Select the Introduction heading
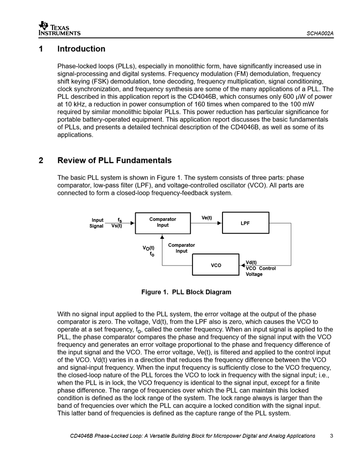[82, 49]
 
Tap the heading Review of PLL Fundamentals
[114, 160]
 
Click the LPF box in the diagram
[245, 223]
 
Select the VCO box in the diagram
[216, 265]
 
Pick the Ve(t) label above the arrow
[207, 218]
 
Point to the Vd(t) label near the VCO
[251, 263]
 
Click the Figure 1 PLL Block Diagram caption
[186, 292]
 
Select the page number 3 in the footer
[331, 436]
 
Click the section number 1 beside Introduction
[41, 49]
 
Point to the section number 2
[41, 160]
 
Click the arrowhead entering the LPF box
[220, 223]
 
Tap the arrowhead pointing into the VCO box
[241, 265]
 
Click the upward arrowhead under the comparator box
[162, 237]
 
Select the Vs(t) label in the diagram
[117, 226]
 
